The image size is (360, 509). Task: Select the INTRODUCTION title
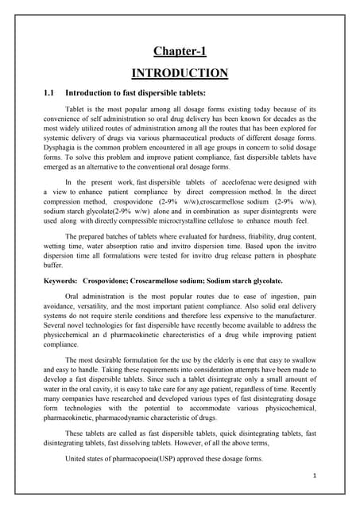point(180,73)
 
